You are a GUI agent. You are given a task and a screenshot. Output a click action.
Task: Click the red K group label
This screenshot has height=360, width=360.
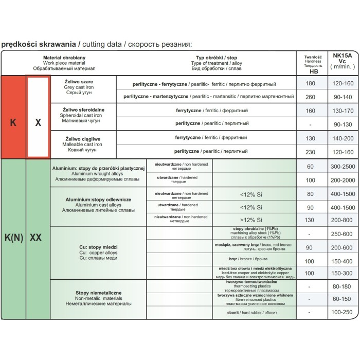coord(13,123)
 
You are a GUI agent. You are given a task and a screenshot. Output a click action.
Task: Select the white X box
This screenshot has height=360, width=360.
coord(38,123)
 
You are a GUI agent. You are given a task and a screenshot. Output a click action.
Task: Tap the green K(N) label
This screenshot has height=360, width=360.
coord(13,238)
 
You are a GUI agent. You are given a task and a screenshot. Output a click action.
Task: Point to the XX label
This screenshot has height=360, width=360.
coord(36,238)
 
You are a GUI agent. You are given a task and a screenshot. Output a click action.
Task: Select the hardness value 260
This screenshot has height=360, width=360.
coord(310,97)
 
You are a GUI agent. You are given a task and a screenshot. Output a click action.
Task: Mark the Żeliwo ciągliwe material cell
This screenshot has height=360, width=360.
coord(83,141)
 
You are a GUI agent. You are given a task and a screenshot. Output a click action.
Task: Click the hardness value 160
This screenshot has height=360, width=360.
coord(310,111)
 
